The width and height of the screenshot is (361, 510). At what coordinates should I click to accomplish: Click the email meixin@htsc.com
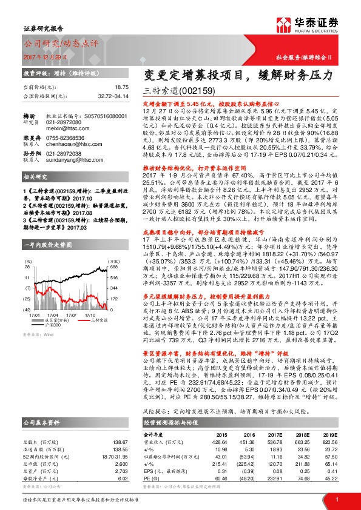click(64, 129)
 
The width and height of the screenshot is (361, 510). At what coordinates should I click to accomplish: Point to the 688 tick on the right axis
click(113, 250)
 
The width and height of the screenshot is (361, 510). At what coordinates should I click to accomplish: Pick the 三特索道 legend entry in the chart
click(95, 303)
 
